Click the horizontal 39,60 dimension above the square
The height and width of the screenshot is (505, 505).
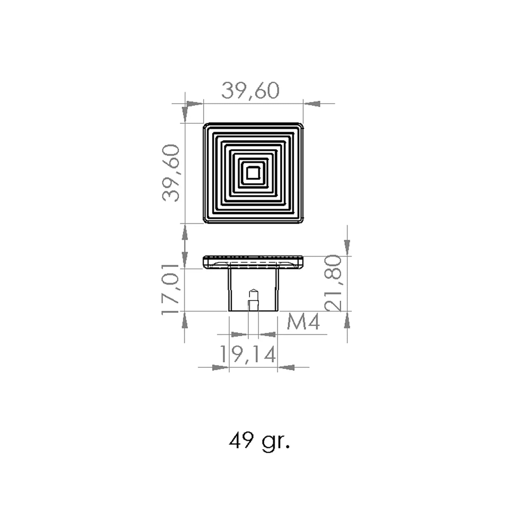point(250,91)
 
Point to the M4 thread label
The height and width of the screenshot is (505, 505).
point(303,322)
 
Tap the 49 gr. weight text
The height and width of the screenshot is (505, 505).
point(259,442)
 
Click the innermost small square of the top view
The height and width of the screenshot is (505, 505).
point(253,173)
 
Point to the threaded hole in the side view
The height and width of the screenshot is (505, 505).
point(253,300)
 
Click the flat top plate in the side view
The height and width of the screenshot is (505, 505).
point(253,262)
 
